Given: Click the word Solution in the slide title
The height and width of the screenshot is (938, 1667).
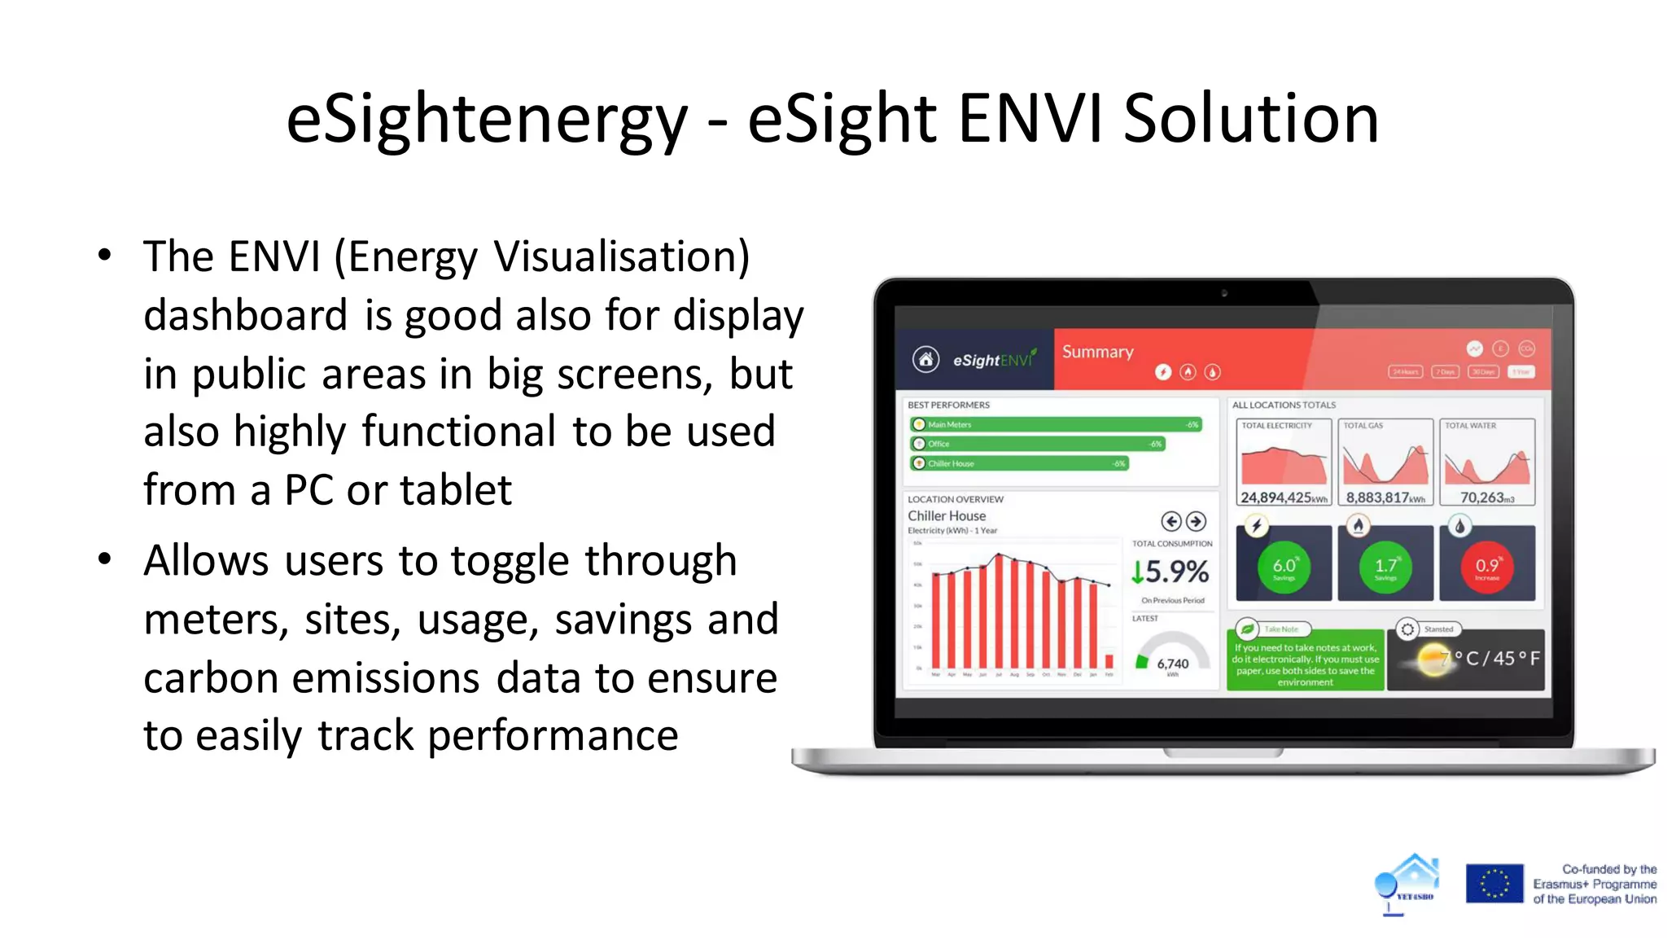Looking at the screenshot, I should click(1250, 119).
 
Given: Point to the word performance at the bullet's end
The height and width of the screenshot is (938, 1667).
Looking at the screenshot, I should click(553, 735).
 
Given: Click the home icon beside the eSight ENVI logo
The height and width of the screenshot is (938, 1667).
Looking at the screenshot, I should click(925, 359).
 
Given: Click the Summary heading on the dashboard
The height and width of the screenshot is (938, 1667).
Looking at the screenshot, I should click(1097, 352).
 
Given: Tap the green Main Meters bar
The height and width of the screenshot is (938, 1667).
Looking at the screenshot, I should click(1055, 424).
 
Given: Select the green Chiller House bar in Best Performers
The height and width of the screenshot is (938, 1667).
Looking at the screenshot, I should click(1019, 463).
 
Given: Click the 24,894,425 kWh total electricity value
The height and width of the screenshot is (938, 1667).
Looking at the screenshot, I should click(1283, 497).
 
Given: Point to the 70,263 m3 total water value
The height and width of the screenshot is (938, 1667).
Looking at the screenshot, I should click(1486, 497).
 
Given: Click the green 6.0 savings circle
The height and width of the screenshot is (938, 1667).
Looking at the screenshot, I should click(1284, 566).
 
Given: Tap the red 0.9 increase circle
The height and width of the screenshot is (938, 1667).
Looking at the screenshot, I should click(1486, 566).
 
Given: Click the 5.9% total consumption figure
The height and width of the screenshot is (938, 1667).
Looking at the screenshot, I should click(1170, 572).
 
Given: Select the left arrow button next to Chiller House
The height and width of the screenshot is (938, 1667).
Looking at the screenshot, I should click(1170, 521).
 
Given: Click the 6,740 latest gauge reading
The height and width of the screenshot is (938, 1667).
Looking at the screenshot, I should click(1172, 664).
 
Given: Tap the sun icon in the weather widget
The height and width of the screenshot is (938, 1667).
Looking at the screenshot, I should click(1433, 659).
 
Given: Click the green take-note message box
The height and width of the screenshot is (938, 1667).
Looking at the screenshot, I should click(1305, 664).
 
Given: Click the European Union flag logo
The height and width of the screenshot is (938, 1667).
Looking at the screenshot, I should click(1494, 883).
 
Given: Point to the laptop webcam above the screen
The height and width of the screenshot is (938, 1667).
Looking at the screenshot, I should click(1223, 293).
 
